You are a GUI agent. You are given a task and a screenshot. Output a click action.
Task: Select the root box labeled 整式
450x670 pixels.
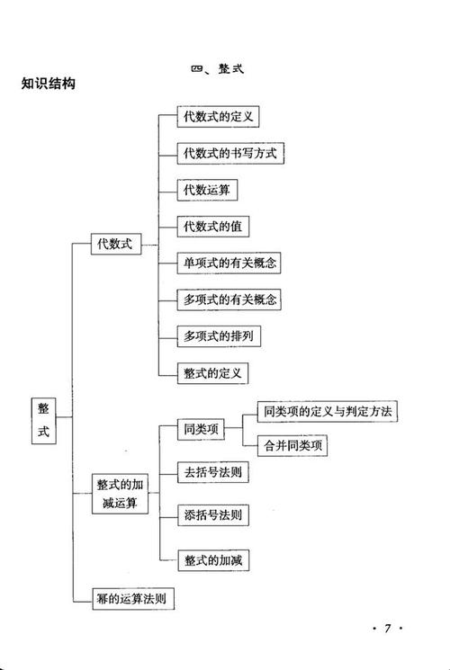[x=43, y=419]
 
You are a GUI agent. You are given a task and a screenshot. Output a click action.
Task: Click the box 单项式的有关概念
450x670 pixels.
[x=229, y=263]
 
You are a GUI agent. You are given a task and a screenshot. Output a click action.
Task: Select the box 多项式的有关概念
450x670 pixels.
[x=229, y=299]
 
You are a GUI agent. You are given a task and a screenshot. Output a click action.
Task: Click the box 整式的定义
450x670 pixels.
[x=214, y=372]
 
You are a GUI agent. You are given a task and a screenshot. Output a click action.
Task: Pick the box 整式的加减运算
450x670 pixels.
[x=121, y=494]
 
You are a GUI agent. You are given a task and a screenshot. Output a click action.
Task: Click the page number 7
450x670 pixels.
[x=388, y=629]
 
